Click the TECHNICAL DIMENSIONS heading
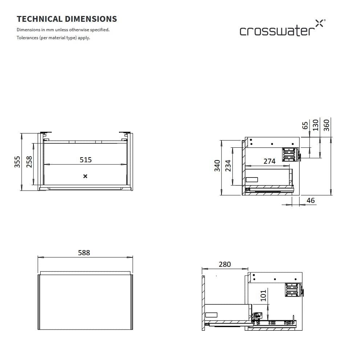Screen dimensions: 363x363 (x=67, y=19)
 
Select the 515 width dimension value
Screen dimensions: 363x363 (x=86, y=159)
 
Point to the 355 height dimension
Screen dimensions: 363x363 (x=17, y=162)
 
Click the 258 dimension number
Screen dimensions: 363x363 (x=29, y=162)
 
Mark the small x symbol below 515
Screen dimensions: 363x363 (x=85, y=176)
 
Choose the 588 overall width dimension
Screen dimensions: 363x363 (x=84, y=253)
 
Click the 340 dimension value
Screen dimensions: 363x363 (x=217, y=165)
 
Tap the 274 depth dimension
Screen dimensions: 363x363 (x=269, y=161)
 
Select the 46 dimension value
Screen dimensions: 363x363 (x=311, y=200)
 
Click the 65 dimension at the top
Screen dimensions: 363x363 (x=305, y=125)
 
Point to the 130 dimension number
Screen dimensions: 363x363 (x=315, y=125)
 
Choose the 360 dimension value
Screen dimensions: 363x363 (x=326, y=125)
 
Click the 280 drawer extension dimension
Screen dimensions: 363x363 (x=225, y=264)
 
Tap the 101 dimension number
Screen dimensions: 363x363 (x=264, y=295)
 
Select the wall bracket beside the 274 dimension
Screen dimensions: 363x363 (x=290, y=154)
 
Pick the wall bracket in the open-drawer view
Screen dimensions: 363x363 (x=293, y=290)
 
